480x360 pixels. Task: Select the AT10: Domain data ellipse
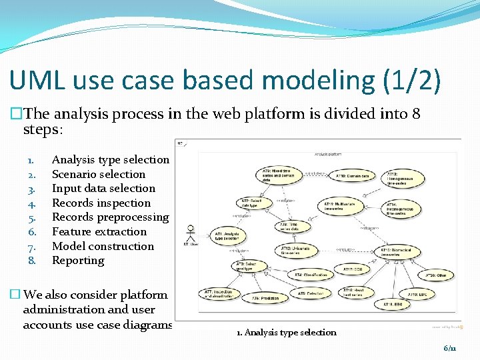352,176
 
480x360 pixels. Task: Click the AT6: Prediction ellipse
267,298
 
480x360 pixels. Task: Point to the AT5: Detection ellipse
311,293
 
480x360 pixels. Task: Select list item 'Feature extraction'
99,232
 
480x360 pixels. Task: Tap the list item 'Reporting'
78,261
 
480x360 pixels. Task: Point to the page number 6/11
450,348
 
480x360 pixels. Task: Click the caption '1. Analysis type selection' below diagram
287,332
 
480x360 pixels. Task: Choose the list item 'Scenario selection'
99,174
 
